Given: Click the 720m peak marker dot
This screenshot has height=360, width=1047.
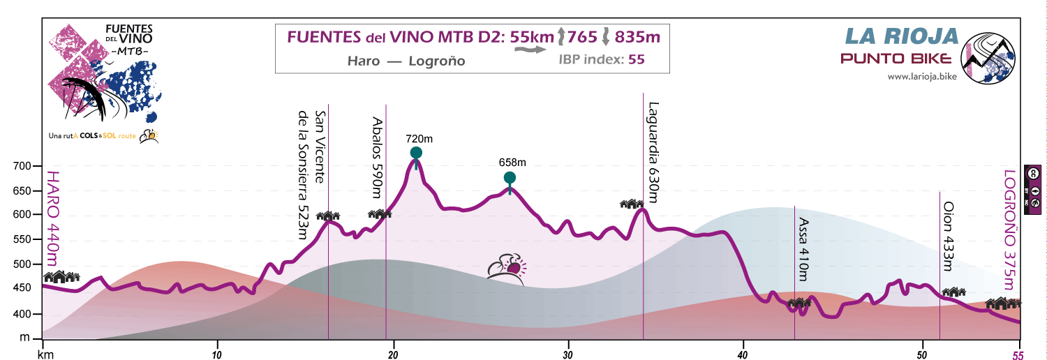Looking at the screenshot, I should tap(416, 153).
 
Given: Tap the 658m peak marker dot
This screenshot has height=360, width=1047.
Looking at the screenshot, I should tap(510, 177).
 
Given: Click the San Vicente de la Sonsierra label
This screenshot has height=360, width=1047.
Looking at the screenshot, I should tap(311, 165).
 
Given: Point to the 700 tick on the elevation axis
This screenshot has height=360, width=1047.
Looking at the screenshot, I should tap(24, 166).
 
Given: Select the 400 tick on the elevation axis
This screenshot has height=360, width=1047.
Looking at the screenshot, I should tap(24, 315).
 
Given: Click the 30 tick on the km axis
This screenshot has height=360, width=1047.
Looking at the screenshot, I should tap(568, 354).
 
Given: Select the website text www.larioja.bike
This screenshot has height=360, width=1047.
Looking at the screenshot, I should tap(921, 76).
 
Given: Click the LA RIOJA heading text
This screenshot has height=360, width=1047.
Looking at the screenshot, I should tap(900, 36).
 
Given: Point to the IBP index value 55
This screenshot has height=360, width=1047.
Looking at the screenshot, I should tap(636, 59).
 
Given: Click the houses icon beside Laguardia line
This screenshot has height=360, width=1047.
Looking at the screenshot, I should tap(632, 204).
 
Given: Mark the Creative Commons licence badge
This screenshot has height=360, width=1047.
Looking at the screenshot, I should tap(1033, 173).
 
